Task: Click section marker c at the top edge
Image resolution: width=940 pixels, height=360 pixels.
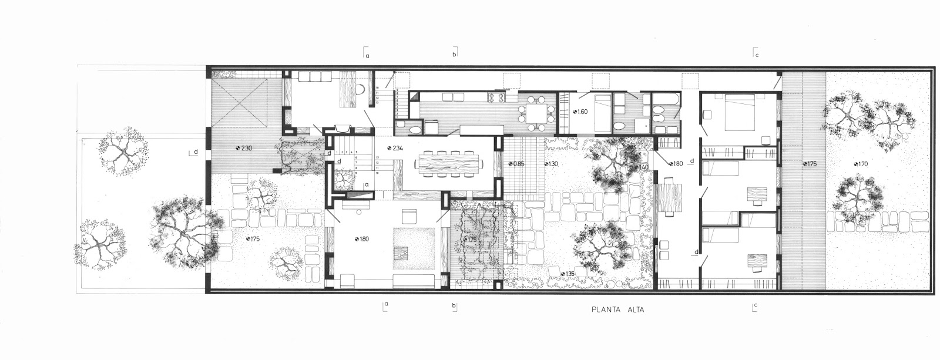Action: (x=756, y=54)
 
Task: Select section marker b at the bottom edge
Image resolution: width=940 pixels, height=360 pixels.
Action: (x=454, y=305)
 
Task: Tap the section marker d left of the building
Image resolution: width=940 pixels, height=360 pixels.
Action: (x=194, y=153)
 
